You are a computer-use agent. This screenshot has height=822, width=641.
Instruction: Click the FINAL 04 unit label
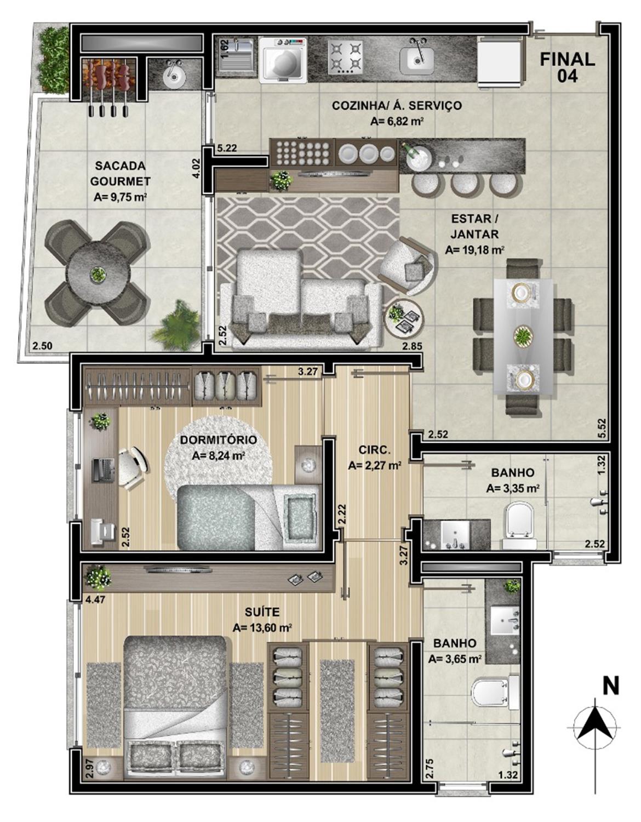(x=567, y=67)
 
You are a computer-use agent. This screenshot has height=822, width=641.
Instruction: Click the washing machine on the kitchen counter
(x=283, y=59)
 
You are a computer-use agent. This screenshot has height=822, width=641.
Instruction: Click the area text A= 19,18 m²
(x=476, y=250)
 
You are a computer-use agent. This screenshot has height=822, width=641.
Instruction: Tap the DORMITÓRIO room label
(x=218, y=440)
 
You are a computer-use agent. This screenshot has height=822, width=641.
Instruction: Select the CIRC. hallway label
(x=374, y=450)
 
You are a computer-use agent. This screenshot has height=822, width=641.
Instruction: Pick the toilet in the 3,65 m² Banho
(x=495, y=693)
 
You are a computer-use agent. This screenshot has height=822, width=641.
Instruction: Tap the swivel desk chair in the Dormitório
(x=131, y=468)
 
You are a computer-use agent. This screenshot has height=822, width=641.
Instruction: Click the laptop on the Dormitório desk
(x=103, y=469)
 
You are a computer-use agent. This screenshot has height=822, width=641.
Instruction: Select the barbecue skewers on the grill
(x=108, y=87)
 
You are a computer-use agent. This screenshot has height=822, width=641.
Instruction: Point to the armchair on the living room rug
(x=406, y=265)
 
